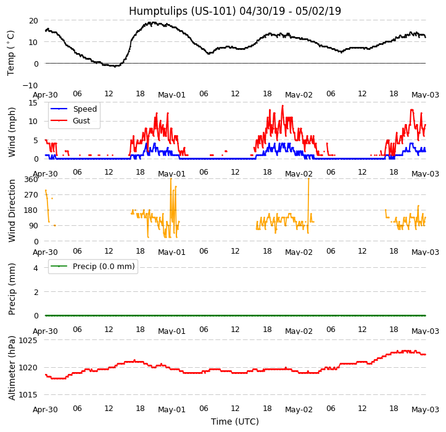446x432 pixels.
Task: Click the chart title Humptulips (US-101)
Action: pos(234,11)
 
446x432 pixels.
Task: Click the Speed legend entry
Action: pos(85,109)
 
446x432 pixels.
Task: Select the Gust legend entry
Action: pos(81,121)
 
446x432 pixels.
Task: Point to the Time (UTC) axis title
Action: pos(234,422)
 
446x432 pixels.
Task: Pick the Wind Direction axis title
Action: pos(11,210)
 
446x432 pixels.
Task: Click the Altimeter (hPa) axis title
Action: pos(11,368)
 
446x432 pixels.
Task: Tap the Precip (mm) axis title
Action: pos(11,289)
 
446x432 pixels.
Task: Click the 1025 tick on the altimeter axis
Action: pos(28,341)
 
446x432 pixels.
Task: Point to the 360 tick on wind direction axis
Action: pos(31,180)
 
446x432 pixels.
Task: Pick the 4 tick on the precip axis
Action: pos(36,268)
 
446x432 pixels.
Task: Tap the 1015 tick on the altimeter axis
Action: pos(28,395)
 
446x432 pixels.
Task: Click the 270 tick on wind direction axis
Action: pos(31,195)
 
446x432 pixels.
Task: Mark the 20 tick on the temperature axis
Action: pos(33,20)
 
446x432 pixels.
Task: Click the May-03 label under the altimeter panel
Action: pos(425,410)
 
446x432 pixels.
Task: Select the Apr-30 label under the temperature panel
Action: pos(45,95)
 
